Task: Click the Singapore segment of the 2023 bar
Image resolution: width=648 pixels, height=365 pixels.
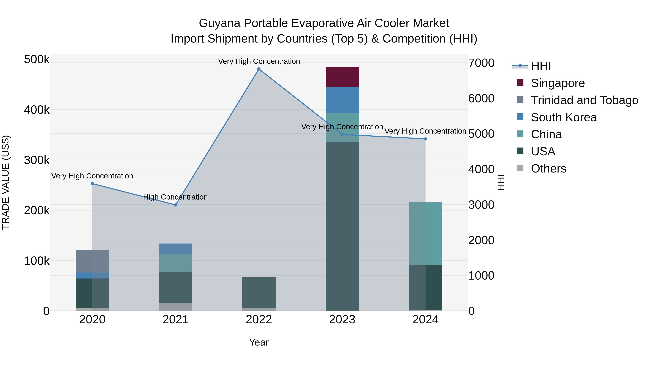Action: click(x=342, y=77)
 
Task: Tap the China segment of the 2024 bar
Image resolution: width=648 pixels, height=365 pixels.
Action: click(x=425, y=233)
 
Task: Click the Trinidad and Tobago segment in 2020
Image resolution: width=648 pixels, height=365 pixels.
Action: click(x=92, y=261)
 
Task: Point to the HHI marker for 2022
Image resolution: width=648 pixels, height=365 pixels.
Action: click(x=259, y=69)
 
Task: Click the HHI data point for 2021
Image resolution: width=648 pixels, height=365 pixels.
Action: click(x=175, y=205)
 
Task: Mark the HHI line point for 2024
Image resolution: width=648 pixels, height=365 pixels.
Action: click(x=425, y=139)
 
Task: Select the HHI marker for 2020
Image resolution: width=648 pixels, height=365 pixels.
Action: click(x=92, y=184)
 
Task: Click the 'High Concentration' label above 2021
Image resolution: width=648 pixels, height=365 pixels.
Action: click(x=175, y=197)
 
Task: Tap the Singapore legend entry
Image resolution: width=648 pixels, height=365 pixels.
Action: click(x=557, y=83)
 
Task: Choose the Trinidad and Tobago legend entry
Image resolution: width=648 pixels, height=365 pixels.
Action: click(x=584, y=100)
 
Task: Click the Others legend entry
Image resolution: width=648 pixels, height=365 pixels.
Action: click(x=548, y=169)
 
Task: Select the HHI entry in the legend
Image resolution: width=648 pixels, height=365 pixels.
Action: click(x=541, y=66)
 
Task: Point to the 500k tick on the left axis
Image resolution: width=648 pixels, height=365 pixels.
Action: click(x=37, y=60)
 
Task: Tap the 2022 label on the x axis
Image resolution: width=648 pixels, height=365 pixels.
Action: click(x=259, y=320)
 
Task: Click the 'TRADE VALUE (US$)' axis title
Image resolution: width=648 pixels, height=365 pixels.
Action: click(x=6, y=182)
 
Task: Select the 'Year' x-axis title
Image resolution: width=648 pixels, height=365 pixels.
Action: click(x=259, y=342)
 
